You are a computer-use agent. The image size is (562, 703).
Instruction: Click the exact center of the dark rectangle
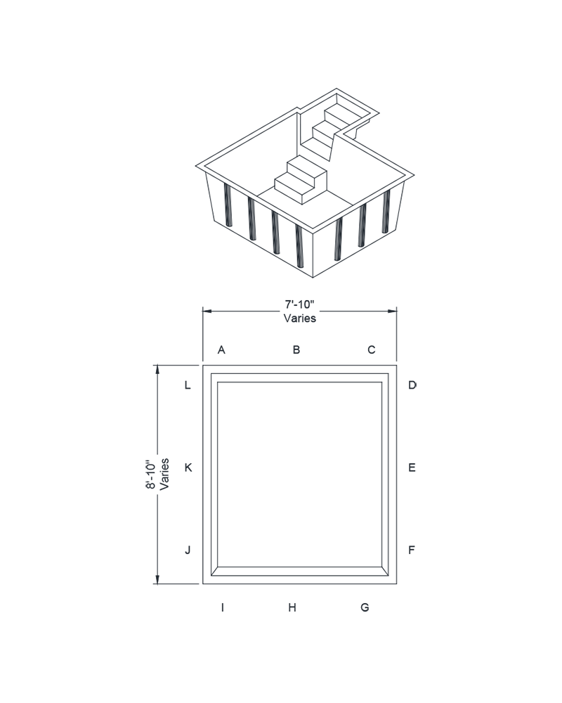(x=281, y=349)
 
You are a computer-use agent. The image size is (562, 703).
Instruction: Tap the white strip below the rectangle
(x=281, y=657)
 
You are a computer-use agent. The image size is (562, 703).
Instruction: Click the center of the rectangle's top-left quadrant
(x=213, y=219)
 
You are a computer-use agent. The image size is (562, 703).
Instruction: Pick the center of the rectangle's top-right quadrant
(x=348, y=219)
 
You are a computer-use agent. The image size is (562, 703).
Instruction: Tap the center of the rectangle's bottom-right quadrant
(x=348, y=480)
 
